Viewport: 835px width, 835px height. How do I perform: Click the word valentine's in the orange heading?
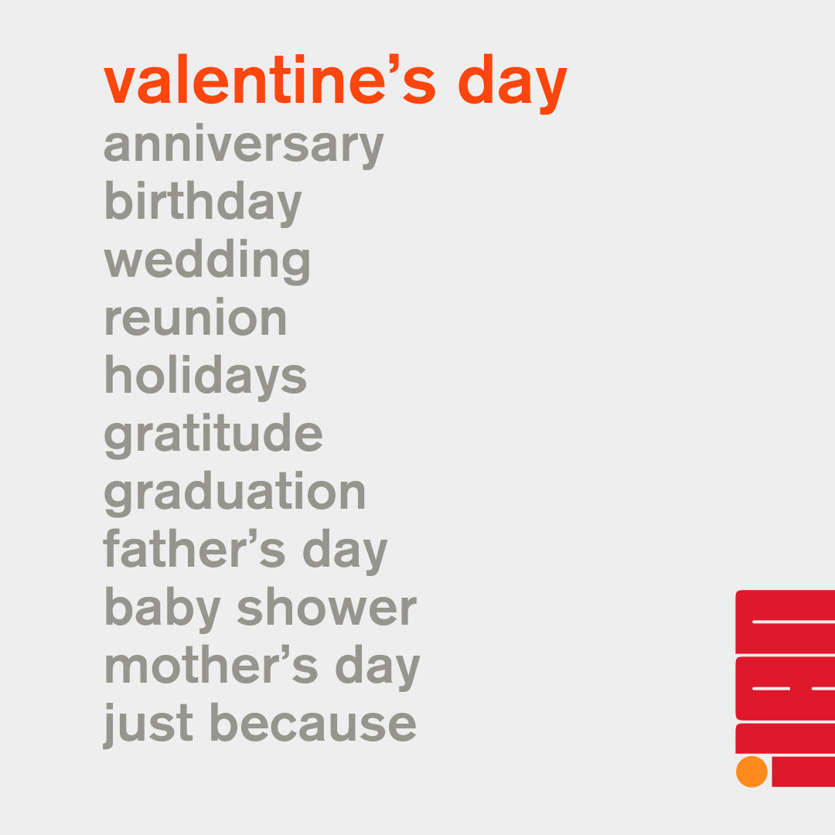270,80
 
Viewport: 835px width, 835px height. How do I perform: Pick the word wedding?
207,261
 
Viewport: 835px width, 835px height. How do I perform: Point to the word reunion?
196,317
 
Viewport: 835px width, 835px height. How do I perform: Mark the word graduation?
235,493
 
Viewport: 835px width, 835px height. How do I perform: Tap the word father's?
194,548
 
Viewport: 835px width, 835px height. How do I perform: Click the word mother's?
211,665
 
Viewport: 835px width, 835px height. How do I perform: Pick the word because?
313,723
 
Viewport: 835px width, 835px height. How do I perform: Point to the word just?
148,725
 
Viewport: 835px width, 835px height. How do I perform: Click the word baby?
162,610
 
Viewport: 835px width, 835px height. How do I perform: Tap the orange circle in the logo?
751,772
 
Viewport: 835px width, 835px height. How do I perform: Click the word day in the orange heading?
513,83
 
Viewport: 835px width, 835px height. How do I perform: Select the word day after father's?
345,552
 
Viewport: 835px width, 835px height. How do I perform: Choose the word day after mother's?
377,668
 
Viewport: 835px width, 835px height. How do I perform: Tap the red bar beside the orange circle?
803,771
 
